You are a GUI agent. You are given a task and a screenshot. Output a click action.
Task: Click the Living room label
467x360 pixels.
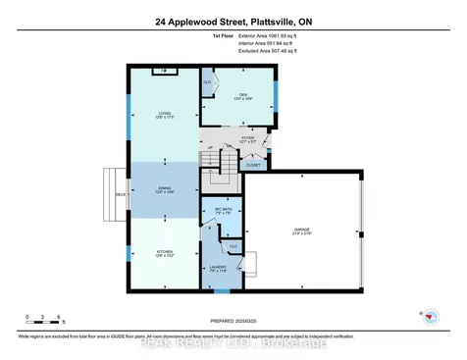[164, 116]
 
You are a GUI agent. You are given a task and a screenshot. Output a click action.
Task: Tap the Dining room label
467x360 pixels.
[164, 190]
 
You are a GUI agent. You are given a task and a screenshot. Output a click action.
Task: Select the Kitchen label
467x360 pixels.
[164, 253]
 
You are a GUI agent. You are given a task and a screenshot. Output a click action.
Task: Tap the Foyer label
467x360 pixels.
[248, 140]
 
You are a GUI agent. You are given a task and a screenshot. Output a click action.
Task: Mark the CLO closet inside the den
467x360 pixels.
[208, 81]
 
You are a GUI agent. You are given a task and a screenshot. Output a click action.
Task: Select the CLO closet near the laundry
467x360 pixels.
[233, 245]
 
